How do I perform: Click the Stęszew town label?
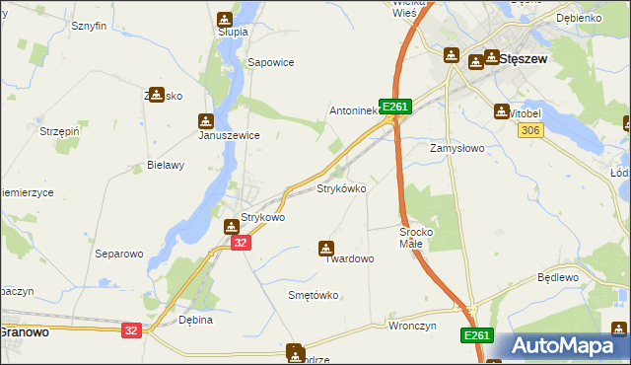coord(524,58)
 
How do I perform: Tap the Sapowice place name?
coord(271,62)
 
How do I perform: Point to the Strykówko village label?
coord(341,187)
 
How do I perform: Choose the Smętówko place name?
coord(313,295)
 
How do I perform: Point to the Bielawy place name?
coord(166,165)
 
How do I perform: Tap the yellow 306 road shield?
coord(529,131)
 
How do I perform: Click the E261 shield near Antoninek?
coord(394,107)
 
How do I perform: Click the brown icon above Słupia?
coord(225,18)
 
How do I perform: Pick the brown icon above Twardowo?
coord(326,248)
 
